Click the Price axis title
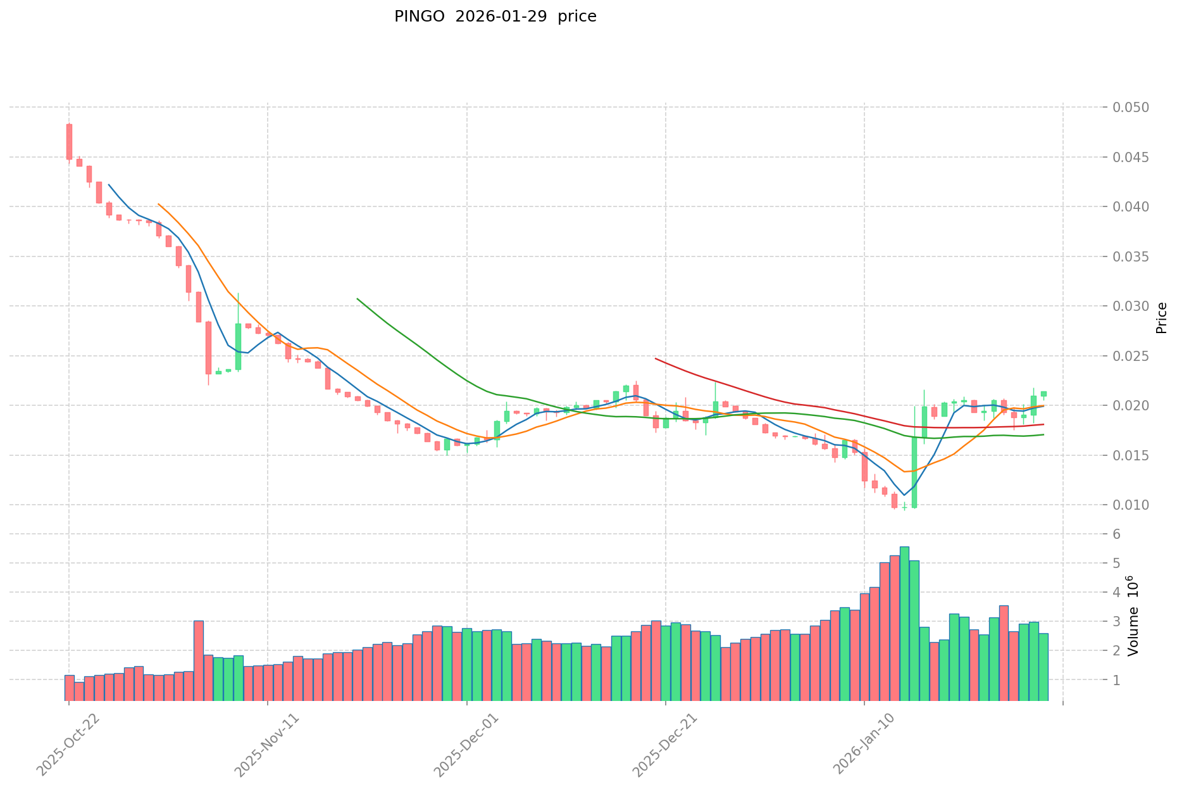click(x=1161, y=318)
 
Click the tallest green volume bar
click(x=904, y=624)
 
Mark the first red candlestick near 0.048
click(x=69, y=141)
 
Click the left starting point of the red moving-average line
click(x=656, y=358)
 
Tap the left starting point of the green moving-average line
click(x=358, y=298)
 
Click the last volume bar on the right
click(x=1043, y=667)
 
